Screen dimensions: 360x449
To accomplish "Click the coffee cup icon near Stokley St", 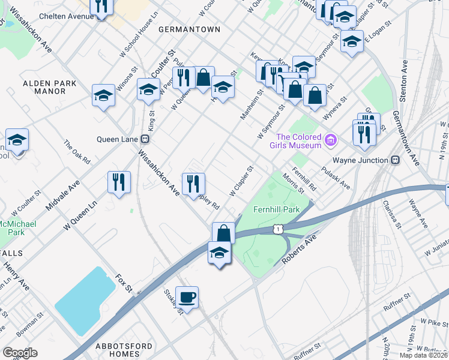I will pos(187,297).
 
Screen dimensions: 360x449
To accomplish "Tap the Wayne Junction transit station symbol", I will pos(396,160).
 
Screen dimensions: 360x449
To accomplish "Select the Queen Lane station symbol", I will pos(145,139).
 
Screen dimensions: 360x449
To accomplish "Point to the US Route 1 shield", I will pos(277,228).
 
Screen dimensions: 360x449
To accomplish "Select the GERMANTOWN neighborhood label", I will pos(189,29).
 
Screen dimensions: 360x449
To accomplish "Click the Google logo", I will pos(20,352).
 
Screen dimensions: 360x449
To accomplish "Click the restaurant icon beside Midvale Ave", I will pos(119,181).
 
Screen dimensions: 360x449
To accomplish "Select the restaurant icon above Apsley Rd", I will pos(193,182).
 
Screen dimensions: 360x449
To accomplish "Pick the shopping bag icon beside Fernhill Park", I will pos(223,232).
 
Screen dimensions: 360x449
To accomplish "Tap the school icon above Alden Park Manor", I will pos(103,95).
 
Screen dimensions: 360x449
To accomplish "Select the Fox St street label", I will pos(124,281).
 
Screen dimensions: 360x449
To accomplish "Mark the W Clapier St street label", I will pos(243,181).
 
